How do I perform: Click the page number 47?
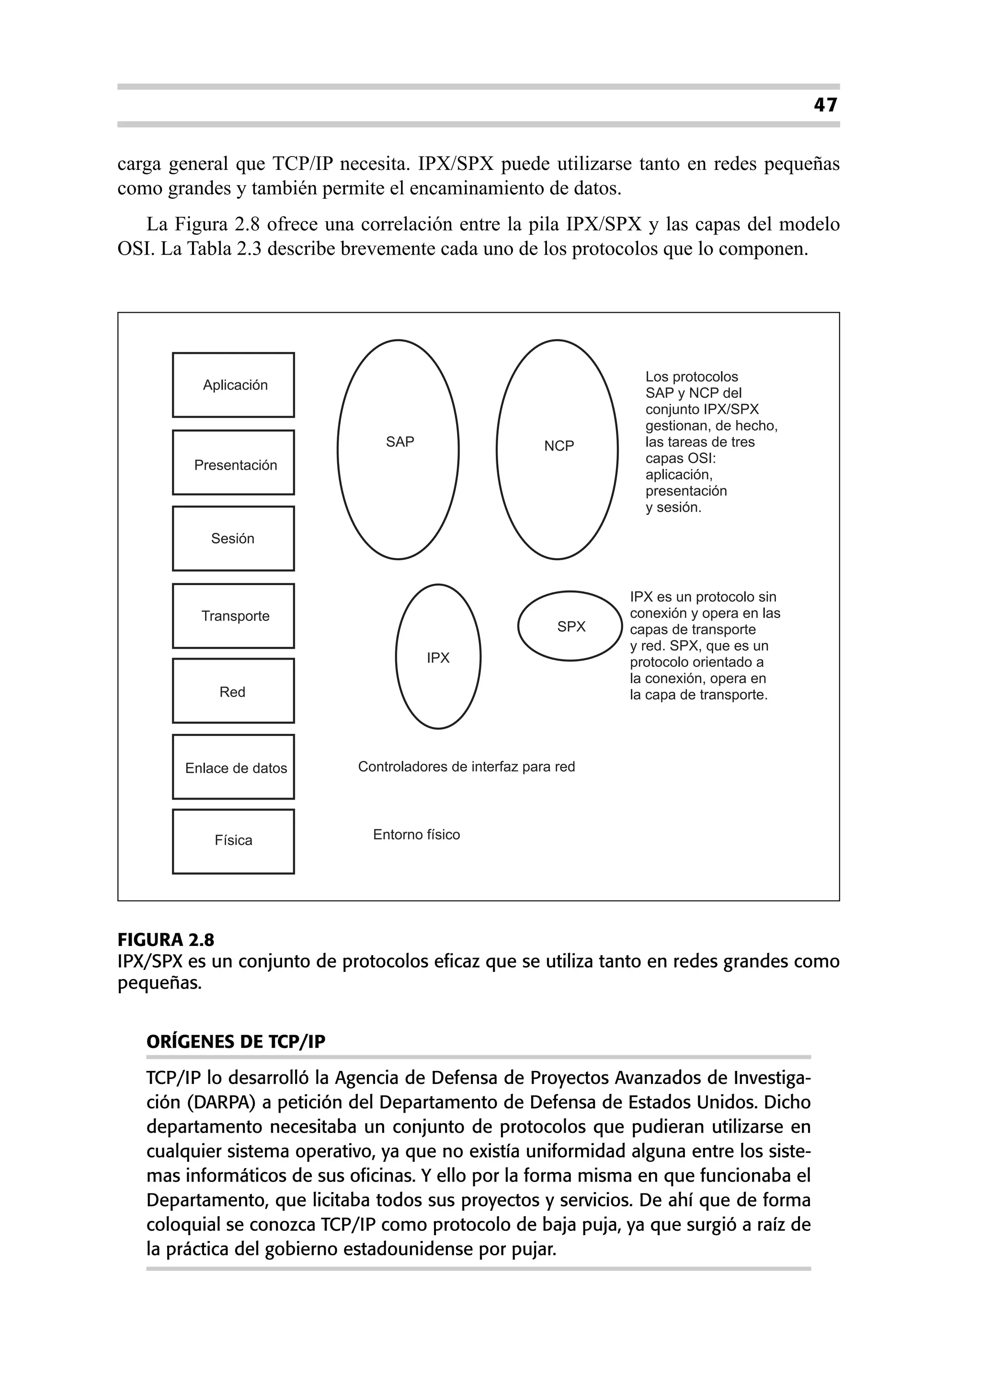[825, 105]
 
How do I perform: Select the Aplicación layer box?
[233, 385]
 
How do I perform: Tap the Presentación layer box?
[233, 463]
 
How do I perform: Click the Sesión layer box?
[233, 539]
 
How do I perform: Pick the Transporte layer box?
[233, 616]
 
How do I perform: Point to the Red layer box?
[233, 691]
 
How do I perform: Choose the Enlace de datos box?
[233, 767]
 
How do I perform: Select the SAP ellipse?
[399, 449]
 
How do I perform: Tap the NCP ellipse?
[558, 449]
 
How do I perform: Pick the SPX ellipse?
[570, 626]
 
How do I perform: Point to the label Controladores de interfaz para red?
[467, 766]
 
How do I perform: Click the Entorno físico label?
[416, 835]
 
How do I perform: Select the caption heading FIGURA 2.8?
[166, 940]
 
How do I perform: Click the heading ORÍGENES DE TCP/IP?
[236, 1042]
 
